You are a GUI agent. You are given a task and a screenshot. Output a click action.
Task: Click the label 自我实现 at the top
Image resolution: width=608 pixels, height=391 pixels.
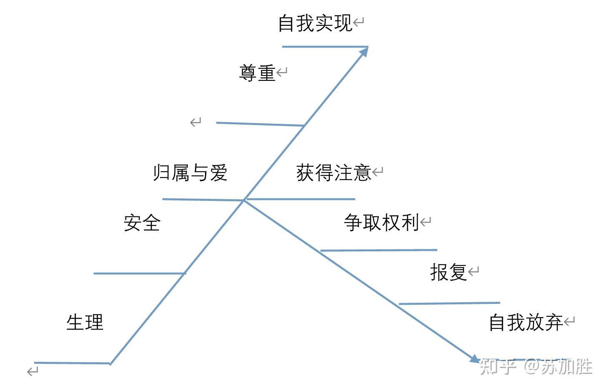tap(315, 23)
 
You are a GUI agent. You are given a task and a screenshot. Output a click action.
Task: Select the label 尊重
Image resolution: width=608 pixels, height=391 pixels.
tap(257, 73)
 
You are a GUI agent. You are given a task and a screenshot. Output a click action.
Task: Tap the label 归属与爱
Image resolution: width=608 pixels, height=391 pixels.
tap(190, 173)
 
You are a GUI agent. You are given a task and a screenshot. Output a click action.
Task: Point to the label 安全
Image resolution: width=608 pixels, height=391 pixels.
tap(142, 223)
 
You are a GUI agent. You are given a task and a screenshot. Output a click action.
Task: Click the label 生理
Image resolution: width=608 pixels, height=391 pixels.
tap(85, 322)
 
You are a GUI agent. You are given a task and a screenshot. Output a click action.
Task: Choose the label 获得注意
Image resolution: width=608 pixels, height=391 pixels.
tap(333, 173)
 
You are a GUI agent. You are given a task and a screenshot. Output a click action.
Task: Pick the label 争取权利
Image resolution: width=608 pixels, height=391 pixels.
tap(381, 223)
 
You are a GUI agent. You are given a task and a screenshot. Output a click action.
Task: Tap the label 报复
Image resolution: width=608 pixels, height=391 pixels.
tap(448, 272)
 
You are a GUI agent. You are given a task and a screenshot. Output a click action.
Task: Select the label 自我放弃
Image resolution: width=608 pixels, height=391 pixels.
tap(525, 323)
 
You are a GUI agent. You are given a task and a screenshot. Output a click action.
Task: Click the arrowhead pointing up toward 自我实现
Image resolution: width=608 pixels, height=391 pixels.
tap(363, 52)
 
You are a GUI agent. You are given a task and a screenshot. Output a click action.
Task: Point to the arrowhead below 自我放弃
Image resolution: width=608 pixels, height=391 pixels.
tap(474, 358)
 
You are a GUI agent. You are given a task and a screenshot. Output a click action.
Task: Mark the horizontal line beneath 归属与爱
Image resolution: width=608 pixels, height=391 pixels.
tap(203, 200)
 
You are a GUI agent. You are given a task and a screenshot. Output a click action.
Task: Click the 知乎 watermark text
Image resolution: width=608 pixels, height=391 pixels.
tap(498, 366)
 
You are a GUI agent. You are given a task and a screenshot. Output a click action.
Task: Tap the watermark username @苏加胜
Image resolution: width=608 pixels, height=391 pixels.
tap(558, 366)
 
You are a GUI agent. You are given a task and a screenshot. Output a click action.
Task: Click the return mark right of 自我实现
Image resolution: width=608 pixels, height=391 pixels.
tap(359, 22)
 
